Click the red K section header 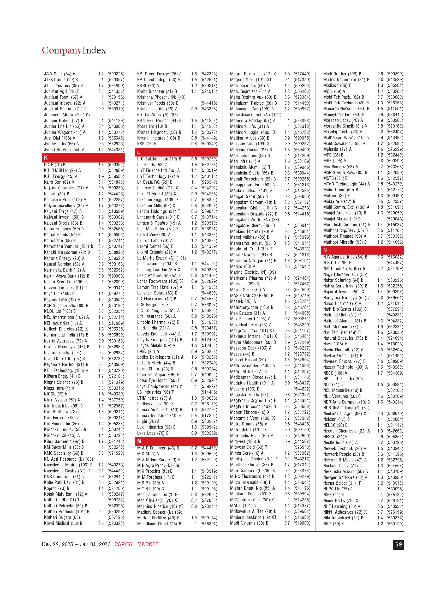(83, 158)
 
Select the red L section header (176, 152)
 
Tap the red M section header (176, 441)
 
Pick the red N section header (362, 250)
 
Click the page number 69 (398, 545)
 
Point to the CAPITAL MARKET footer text (136, 544)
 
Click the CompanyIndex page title (74, 50)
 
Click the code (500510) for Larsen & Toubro (209, 223)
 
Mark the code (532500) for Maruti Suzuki (302, 290)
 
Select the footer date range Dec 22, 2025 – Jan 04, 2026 (76, 544)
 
